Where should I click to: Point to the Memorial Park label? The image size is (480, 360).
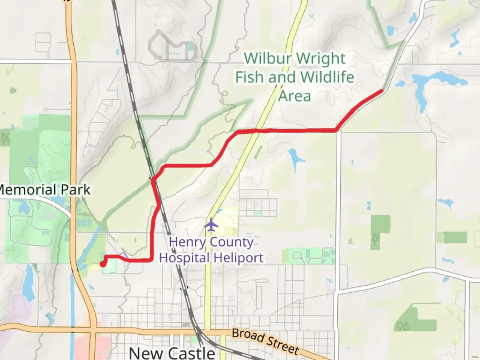tap(45, 190)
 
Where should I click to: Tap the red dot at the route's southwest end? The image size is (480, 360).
tap(103, 264)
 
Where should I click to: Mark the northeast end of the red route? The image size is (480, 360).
tap(381, 91)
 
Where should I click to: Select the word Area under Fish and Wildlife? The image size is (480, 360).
tap(295, 96)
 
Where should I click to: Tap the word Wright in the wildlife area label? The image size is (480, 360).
tap(321, 59)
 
